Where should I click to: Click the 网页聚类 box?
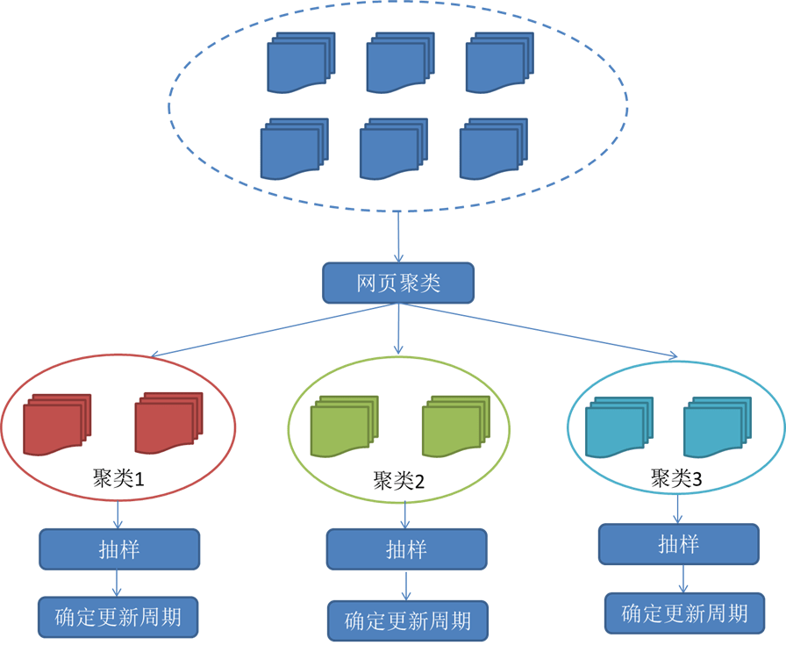tap(398, 283)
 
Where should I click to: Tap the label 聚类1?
tap(118, 478)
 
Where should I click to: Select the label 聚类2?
tap(398, 481)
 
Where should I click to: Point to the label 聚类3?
tap(676, 478)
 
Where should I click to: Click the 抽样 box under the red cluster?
tap(119, 549)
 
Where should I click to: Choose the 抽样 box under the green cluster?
tap(406, 549)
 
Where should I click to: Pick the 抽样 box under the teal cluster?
tap(679, 544)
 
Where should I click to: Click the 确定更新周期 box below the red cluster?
tap(118, 617)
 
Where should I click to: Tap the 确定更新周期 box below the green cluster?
tap(408, 621)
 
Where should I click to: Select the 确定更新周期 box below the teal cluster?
tap(685, 613)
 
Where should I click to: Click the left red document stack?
tap(57, 425)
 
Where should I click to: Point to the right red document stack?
tap(169, 423)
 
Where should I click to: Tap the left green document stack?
tap(345, 426)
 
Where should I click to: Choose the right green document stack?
tap(456, 426)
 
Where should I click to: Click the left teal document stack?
tap(619, 427)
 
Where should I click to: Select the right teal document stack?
tap(718, 427)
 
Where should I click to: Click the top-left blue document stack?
tap(301, 62)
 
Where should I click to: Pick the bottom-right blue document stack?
tap(494, 149)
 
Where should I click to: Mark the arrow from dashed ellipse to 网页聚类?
tap(398, 237)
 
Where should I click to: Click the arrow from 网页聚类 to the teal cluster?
tap(538, 331)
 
